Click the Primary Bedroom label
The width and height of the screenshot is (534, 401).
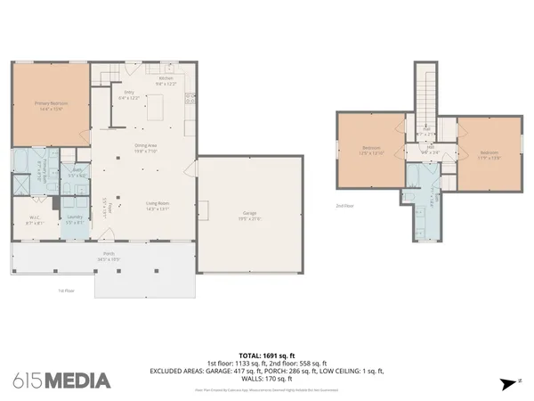tap(51, 105)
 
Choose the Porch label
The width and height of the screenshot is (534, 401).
tap(96, 255)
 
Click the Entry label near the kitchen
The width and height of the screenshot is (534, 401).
tap(129, 93)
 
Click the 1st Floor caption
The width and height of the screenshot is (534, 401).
tap(65, 290)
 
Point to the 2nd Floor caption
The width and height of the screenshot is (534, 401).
tap(344, 206)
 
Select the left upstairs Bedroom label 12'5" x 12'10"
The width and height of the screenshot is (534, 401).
tap(371, 150)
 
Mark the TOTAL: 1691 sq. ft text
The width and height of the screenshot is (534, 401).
tap(266, 355)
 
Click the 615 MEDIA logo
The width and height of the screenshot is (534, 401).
tap(62, 381)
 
